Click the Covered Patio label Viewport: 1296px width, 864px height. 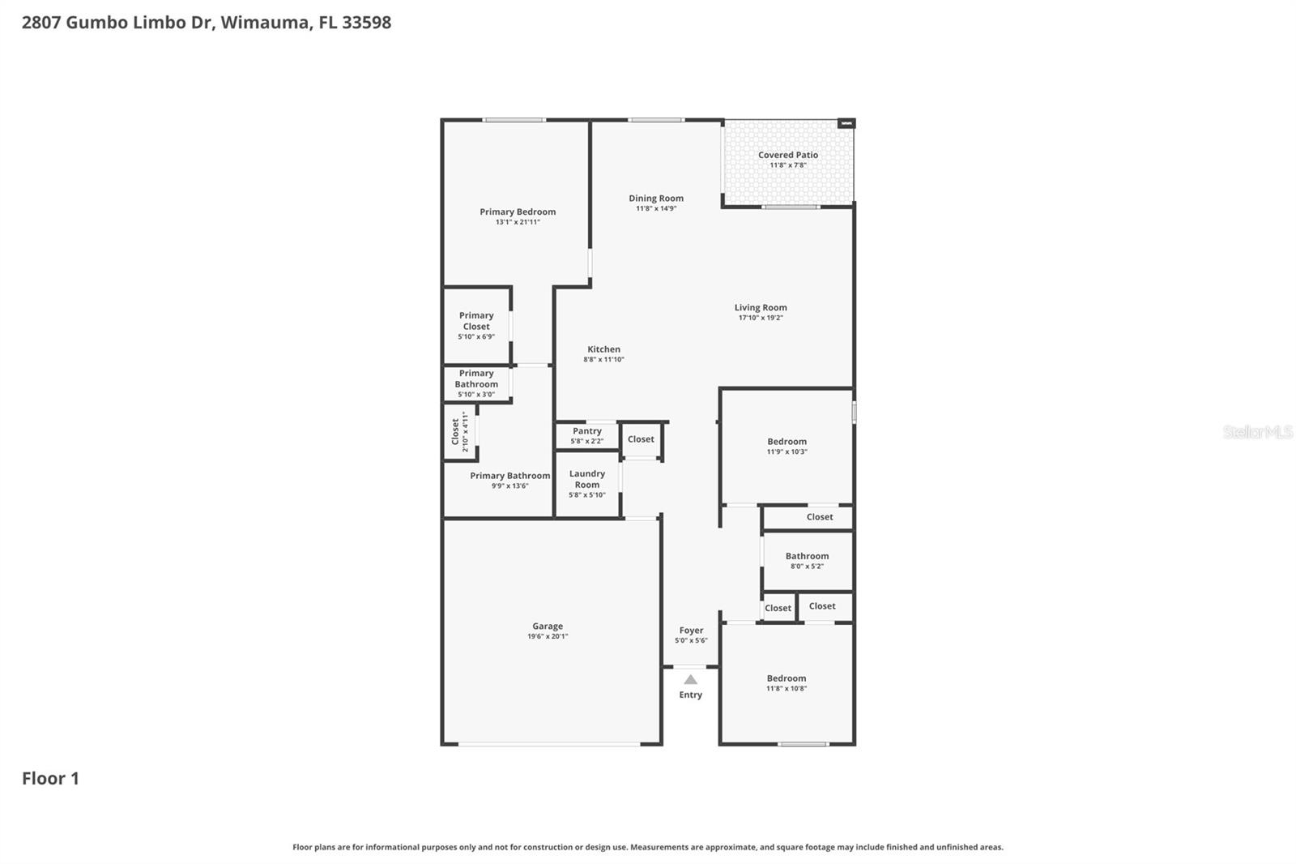[787, 155]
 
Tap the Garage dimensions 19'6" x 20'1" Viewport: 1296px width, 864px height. [548, 637]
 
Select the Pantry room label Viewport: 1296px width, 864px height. [586, 431]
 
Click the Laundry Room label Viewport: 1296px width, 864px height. [586, 479]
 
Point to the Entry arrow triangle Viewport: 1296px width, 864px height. [690, 680]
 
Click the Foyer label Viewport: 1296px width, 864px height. [691, 630]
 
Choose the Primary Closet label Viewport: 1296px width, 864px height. [476, 321]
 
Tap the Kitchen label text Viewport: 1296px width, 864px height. [603, 349]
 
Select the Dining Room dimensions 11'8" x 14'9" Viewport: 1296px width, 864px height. [656, 209]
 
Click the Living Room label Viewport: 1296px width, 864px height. [761, 307]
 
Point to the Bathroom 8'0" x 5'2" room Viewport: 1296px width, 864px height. [807, 561]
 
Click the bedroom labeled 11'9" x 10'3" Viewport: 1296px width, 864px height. [787, 447]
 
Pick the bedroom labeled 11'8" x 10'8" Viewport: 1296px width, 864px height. [787, 683]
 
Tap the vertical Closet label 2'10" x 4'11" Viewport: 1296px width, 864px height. [459, 432]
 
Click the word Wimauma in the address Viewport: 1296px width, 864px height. [265, 22]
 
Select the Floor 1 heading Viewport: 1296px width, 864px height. [50, 778]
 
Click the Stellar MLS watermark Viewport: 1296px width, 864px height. [1257, 432]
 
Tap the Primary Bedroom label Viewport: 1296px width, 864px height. [518, 212]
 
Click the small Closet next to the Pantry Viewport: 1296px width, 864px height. [641, 439]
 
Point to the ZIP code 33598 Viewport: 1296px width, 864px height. [366, 22]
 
